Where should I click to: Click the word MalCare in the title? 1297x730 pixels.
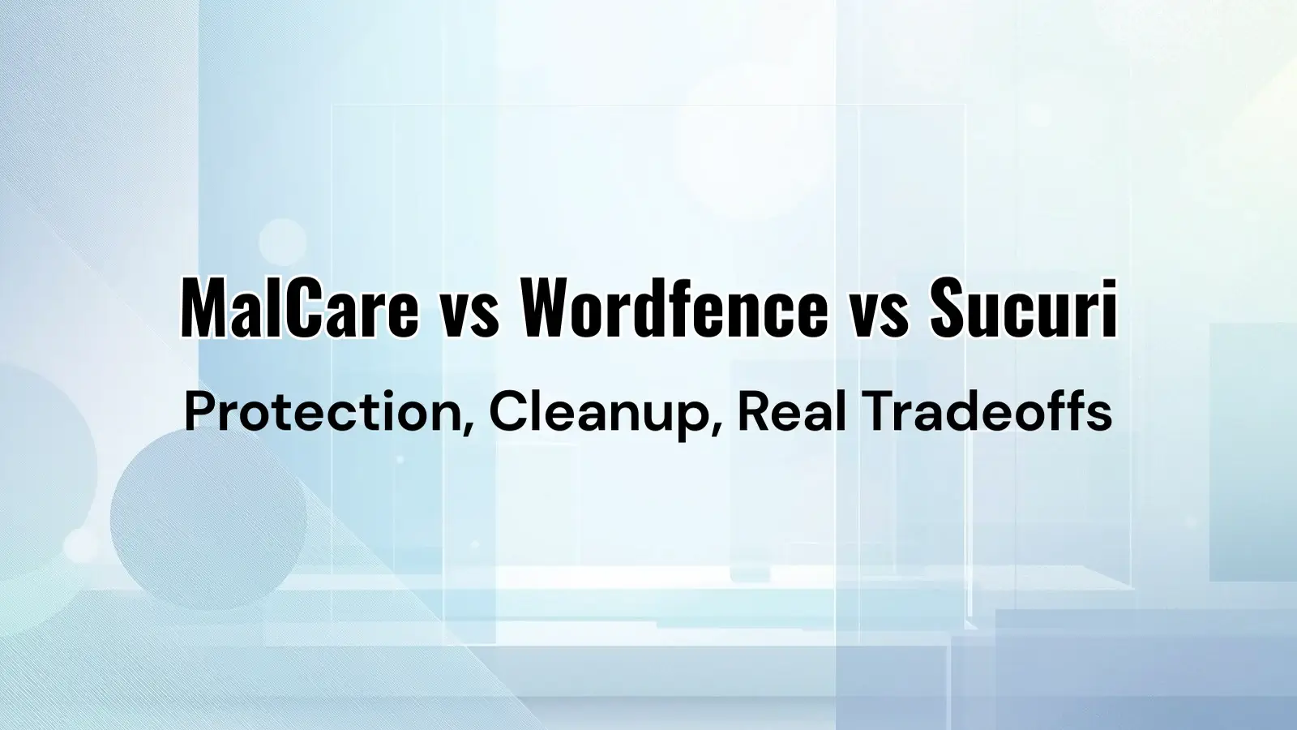click(299, 308)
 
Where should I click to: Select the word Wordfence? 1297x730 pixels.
click(674, 308)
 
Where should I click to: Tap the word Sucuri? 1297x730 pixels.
click(1023, 308)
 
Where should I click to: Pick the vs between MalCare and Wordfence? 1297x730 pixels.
click(469, 312)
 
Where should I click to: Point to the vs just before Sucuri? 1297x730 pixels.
click(879, 312)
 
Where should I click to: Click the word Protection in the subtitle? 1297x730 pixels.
click(323, 412)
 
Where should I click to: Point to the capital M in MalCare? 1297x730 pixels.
click(202, 308)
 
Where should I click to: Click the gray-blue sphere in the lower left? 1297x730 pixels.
click(208, 519)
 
